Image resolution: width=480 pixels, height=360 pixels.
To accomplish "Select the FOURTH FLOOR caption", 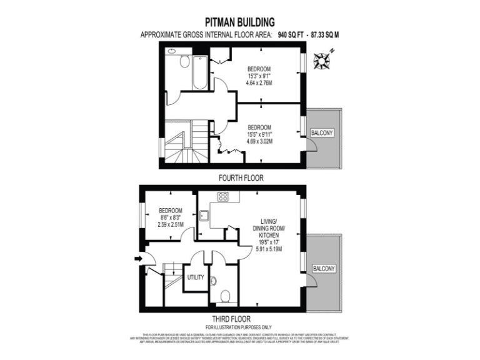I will pyautogui.click(x=241, y=178).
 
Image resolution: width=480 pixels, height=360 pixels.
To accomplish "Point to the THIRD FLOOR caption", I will pyautogui.click(x=238, y=317).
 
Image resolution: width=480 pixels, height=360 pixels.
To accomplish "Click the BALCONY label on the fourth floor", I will pyautogui.click(x=324, y=133).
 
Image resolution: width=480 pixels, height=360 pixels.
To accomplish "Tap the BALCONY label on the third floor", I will pyautogui.click(x=324, y=269).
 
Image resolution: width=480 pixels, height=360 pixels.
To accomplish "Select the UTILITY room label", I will pyautogui.click(x=195, y=277).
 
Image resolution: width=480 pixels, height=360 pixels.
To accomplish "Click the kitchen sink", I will pyautogui.click(x=204, y=217).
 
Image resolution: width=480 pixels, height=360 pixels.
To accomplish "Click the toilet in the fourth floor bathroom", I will pyautogui.click(x=185, y=61).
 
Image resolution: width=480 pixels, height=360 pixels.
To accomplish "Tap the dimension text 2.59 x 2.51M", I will pyautogui.click(x=169, y=225).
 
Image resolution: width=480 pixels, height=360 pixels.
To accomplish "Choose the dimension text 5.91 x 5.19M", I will pyautogui.click(x=270, y=248).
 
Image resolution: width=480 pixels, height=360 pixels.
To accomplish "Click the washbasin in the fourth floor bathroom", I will pyautogui.click(x=171, y=52).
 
